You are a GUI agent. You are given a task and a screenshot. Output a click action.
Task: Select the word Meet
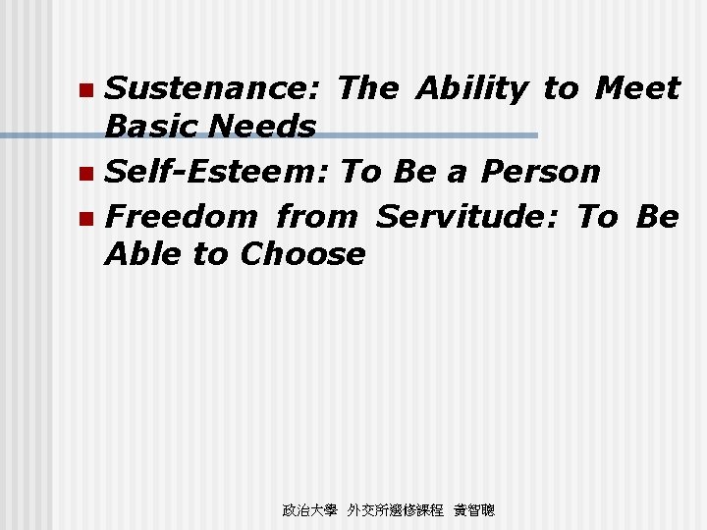tap(637, 89)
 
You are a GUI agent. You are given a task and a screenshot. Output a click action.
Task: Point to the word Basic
tap(153, 127)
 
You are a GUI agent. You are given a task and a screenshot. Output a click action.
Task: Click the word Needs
tap(264, 127)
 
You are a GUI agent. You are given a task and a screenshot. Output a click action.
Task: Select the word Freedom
tap(181, 215)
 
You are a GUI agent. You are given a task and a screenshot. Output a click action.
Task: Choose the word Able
tap(143, 254)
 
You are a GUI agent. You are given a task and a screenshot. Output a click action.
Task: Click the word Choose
tap(301, 254)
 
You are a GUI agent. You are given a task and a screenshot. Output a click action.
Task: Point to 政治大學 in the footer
tap(309, 510)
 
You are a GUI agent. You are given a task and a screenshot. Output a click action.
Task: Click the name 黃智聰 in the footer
tap(474, 510)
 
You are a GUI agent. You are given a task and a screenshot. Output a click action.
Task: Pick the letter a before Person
tap(456, 173)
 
